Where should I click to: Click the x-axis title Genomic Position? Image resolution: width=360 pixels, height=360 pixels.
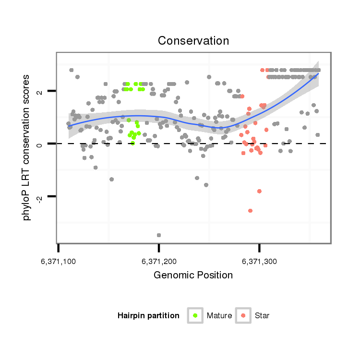pos(193,275)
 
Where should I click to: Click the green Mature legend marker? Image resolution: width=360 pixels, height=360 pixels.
pos(195,315)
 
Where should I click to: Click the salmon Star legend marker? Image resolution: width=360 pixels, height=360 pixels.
pos(243,315)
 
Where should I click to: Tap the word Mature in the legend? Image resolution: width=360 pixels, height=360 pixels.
pos(219,316)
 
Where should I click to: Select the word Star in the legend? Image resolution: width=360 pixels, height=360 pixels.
pos(262,316)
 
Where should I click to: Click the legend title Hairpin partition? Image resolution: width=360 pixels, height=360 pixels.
pos(148,316)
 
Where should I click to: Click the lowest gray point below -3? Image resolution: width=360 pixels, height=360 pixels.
pos(159,235)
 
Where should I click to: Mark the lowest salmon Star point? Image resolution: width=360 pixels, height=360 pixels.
pos(250,211)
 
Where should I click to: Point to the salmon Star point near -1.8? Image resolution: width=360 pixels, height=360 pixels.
pos(259,191)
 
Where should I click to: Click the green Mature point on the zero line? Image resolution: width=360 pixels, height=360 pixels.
pos(133,143)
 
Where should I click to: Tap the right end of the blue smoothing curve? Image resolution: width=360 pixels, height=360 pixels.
pos(318,73)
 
